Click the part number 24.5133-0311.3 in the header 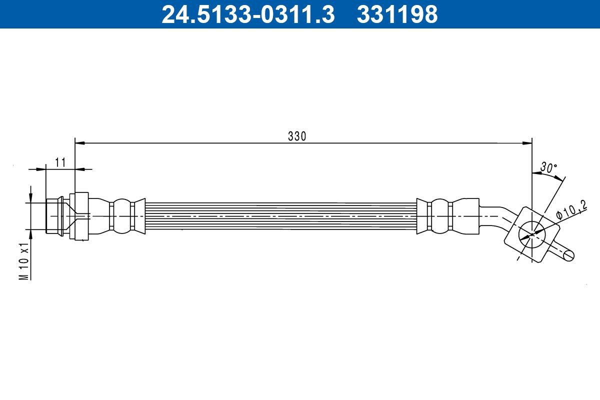[x=247, y=14]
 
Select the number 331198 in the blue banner [x=397, y=14]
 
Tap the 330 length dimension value [x=296, y=136]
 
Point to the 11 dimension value [x=60, y=162]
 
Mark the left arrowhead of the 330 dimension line [x=80, y=143]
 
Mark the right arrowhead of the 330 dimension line [x=527, y=143]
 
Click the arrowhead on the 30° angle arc [x=537, y=173]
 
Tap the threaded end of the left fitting [x=54, y=216]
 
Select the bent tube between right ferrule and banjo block [x=497, y=212]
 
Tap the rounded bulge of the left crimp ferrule [x=120, y=216]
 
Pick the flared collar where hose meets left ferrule [x=140, y=216]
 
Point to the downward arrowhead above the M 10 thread [x=31, y=198]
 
